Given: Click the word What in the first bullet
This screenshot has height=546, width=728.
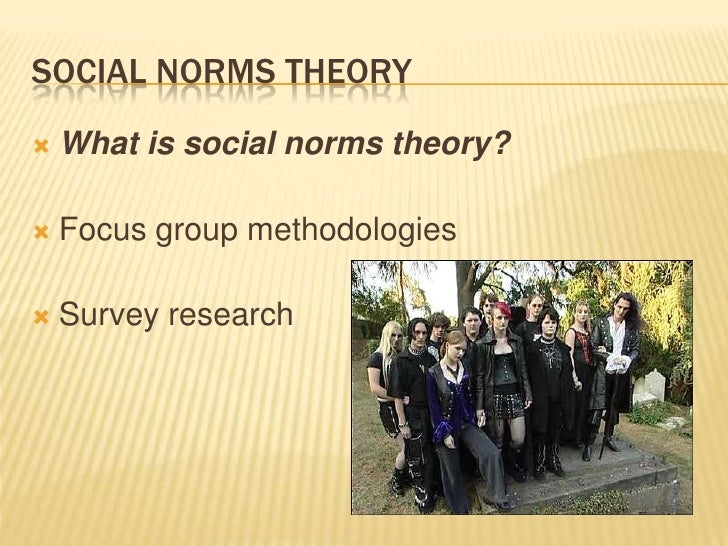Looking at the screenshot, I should click(x=98, y=148).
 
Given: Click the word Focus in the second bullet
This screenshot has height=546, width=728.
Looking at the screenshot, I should click(x=98, y=232).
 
